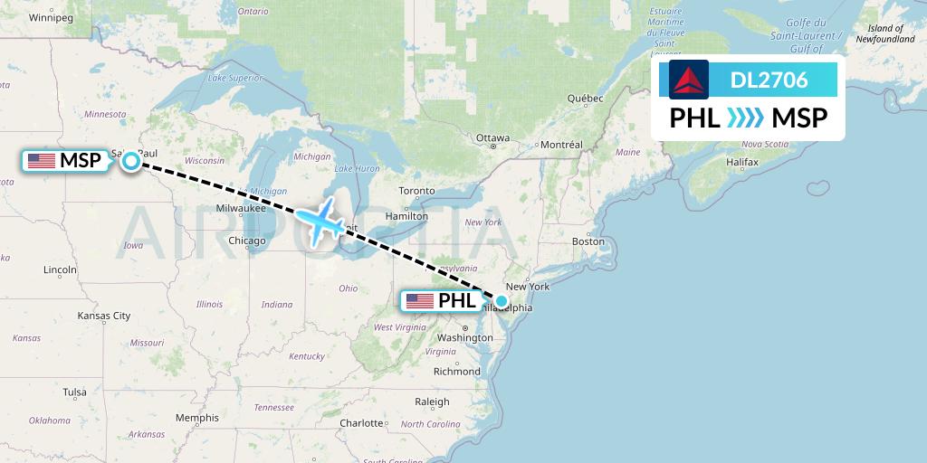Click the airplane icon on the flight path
point(320,220)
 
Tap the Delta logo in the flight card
point(689,80)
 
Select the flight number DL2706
point(769,80)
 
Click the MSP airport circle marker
point(130,161)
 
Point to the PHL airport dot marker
point(502,300)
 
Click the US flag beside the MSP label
point(42,161)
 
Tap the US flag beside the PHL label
point(420,300)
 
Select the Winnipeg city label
point(51,17)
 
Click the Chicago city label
point(247,241)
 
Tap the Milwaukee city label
point(241,208)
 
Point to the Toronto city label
point(416,191)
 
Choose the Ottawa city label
point(493,138)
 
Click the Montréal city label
point(560,145)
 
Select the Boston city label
point(588,241)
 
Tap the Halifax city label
point(741,161)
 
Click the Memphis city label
point(197,418)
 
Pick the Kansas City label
point(104,316)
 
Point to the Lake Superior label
point(234,78)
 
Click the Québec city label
point(585,98)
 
